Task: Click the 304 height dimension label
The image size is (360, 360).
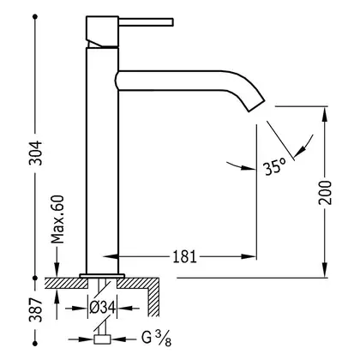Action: (x=36, y=153)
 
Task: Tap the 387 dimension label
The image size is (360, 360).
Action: (x=36, y=310)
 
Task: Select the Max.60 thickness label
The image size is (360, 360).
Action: (x=57, y=219)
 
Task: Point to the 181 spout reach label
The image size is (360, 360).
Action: (x=185, y=256)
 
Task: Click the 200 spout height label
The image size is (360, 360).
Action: (x=326, y=192)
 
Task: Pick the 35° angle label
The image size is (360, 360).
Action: (x=274, y=167)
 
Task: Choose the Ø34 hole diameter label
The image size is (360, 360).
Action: (x=102, y=308)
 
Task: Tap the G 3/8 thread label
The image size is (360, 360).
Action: (x=156, y=338)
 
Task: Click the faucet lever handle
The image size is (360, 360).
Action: (x=146, y=22)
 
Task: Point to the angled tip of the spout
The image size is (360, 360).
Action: (x=257, y=105)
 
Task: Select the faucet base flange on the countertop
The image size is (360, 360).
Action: (x=102, y=276)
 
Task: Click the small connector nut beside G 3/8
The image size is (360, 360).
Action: (x=102, y=339)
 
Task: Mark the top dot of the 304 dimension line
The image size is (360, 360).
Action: (x=35, y=17)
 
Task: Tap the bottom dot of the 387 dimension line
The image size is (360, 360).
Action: (x=35, y=343)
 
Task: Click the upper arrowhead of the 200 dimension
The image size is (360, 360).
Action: (x=325, y=114)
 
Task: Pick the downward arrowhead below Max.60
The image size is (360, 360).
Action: (x=57, y=269)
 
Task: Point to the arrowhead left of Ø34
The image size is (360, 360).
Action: (x=79, y=308)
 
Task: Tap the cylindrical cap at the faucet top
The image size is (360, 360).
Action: (x=102, y=32)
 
